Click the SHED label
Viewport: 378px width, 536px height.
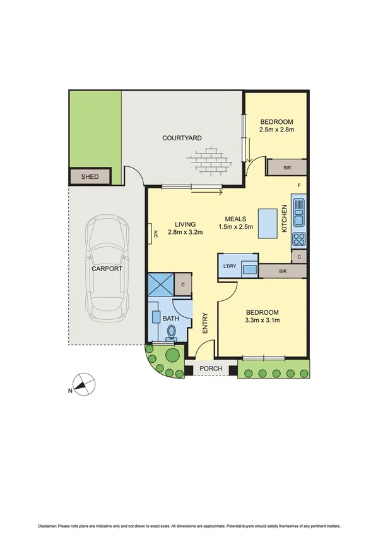[90, 176]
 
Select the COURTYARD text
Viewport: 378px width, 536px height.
[182, 138]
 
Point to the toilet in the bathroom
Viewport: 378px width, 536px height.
[171, 333]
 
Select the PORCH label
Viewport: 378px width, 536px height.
[209, 369]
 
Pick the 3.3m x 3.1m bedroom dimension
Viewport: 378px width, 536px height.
[261, 321]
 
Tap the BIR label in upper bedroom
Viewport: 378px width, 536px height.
[287, 168]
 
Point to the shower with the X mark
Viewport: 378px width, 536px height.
[160, 284]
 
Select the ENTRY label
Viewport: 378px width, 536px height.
[205, 324]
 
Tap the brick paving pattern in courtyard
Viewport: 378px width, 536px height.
[212, 159]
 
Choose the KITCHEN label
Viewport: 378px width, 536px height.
[285, 219]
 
